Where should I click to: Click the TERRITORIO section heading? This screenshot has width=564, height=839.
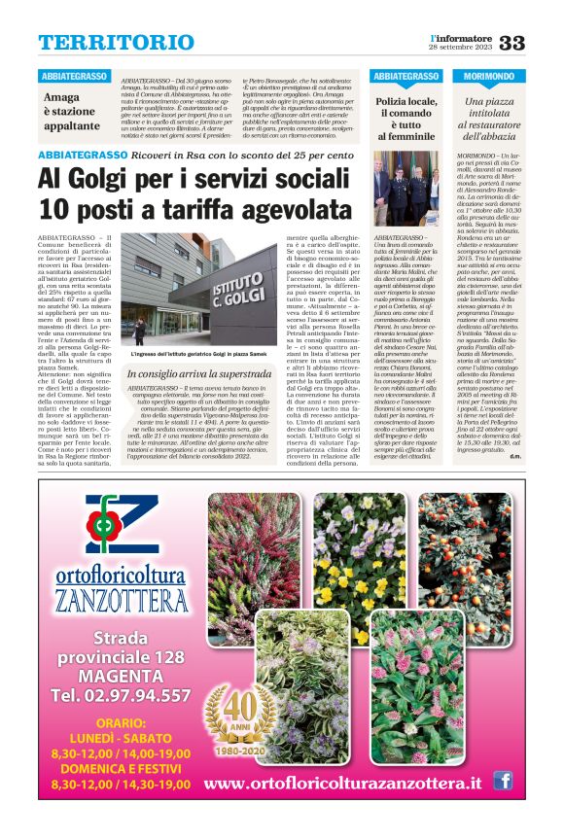pos(116,43)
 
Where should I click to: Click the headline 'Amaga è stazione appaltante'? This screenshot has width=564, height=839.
pos(71,111)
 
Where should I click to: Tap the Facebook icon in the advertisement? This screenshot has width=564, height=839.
pos(502,780)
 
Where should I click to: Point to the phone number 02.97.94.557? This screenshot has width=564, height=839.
pos(121,695)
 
